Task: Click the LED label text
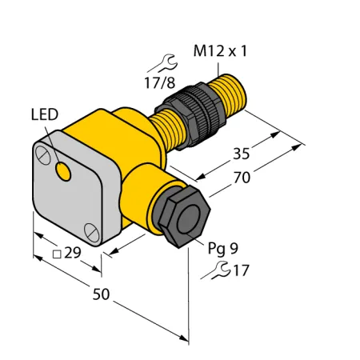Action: [45, 114]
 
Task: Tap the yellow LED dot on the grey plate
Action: [63, 171]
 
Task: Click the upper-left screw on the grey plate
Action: [42, 154]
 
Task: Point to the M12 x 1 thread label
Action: [220, 51]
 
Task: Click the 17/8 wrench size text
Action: [160, 82]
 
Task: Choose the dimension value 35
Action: [242, 154]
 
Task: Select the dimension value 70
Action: [242, 178]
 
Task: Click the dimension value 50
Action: [101, 294]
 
